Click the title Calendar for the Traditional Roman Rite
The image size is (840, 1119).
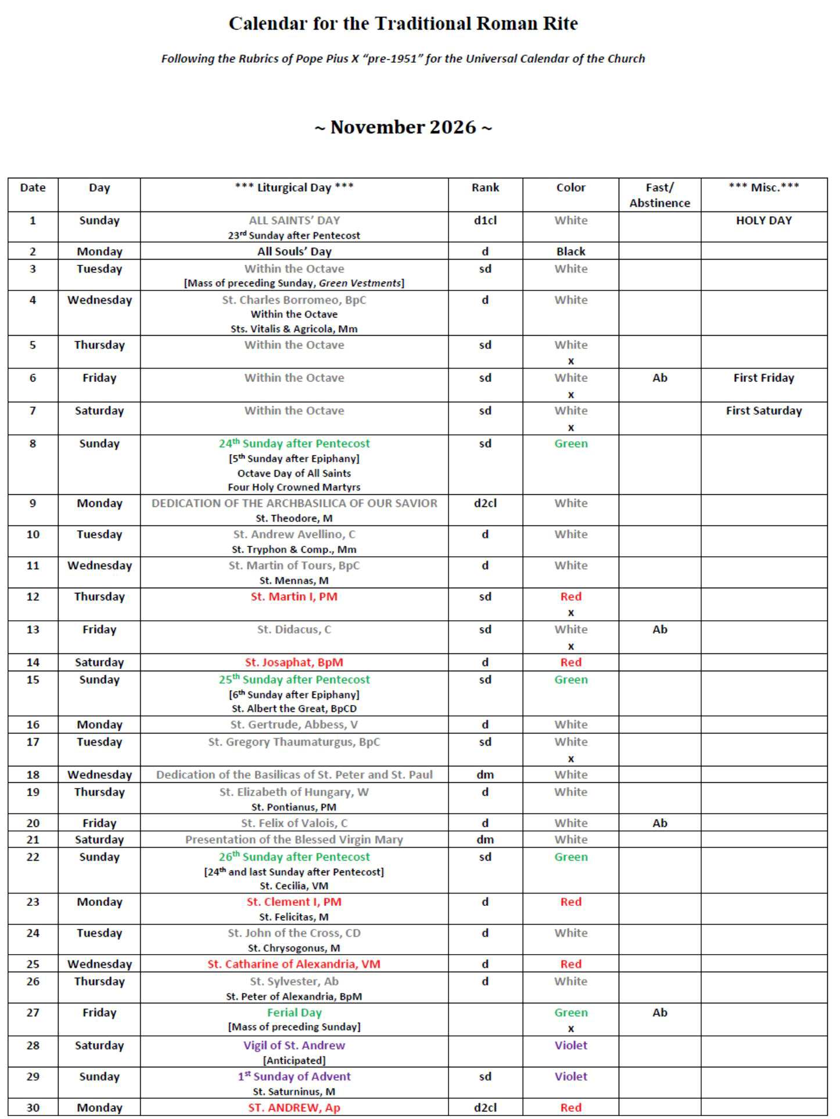pyautogui.click(x=403, y=24)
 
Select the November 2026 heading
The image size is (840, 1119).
pyautogui.click(x=403, y=127)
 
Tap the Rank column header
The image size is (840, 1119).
pyautogui.click(x=485, y=188)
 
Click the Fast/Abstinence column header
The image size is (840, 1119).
pyautogui.click(x=659, y=195)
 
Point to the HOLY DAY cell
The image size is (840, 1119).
pyautogui.click(x=763, y=221)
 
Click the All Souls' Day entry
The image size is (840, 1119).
pyautogui.click(x=294, y=251)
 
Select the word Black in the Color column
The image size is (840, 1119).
pyautogui.click(x=570, y=251)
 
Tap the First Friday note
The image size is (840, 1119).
pyautogui.click(x=763, y=378)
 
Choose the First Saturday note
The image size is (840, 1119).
pyautogui.click(x=763, y=411)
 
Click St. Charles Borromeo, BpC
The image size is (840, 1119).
pyautogui.click(x=294, y=300)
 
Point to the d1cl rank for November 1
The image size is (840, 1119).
pyautogui.click(x=485, y=221)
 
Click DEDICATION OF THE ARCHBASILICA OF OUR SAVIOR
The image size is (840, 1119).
pyautogui.click(x=294, y=503)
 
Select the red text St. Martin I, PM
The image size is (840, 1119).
pyautogui.click(x=294, y=597)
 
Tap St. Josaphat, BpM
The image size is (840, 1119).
pyautogui.click(x=294, y=663)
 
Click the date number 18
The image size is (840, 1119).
pyautogui.click(x=33, y=775)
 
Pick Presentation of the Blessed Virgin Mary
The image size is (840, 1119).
pyautogui.click(x=294, y=840)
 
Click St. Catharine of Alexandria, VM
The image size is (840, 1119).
pyautogui.click(x=294, y=965)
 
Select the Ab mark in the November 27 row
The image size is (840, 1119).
pyautogui.click(x=659, y=1013)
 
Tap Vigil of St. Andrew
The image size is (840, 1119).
pyautogui.click(x=294, y=1046)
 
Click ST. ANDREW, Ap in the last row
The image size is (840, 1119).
pyautogui.click(x=294, y=1108)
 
